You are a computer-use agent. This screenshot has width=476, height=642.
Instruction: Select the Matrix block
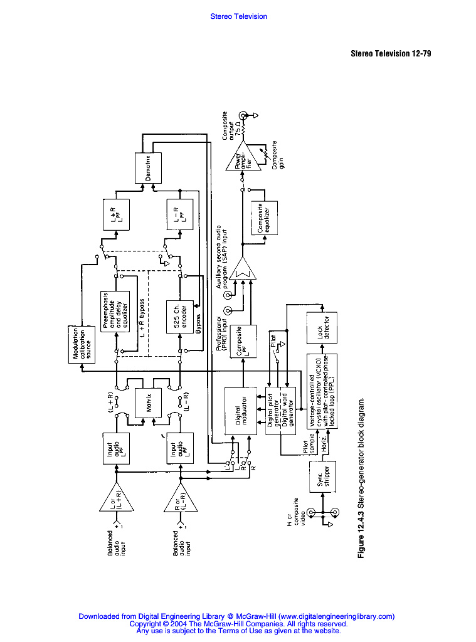(149, 407)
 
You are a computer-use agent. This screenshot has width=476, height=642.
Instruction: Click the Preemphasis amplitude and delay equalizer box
(115, 311)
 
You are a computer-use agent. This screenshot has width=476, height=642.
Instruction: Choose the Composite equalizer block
(263, 218)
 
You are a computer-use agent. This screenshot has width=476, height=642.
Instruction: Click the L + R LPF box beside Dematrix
(115, 216)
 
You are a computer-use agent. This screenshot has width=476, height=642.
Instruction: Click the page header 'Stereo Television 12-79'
(390, 53)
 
